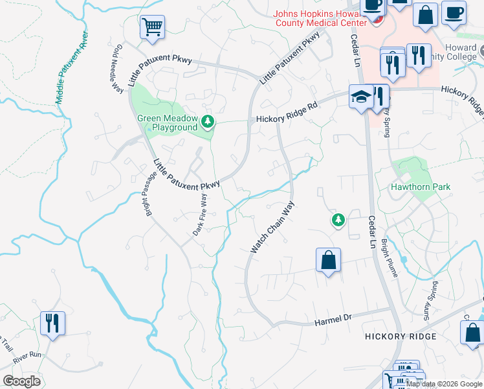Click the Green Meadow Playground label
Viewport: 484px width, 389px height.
[167, 123]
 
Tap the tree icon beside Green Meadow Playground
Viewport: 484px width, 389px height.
[208, 121]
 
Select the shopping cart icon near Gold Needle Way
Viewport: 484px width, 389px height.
[153, 27]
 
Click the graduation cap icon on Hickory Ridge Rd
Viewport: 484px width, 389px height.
[361, 97]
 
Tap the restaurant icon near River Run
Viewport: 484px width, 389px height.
[52, 323]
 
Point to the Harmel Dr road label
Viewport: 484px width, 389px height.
[332, 320]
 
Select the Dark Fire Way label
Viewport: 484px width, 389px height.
[201, 215]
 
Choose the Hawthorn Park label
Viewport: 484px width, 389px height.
[420, 187]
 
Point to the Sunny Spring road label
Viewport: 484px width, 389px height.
[431, 300]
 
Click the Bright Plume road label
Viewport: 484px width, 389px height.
[390, 257]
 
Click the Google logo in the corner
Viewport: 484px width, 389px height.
[21, 381]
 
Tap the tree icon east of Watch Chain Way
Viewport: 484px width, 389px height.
[338, 220]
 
